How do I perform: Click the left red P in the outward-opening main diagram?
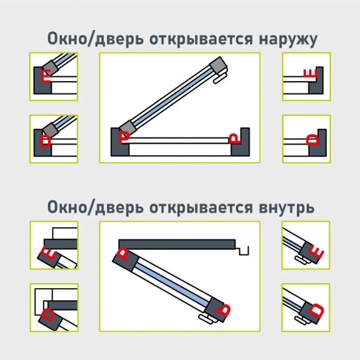click(124, 137)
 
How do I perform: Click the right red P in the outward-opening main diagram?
click(234, 137)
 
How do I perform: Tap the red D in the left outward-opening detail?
click(46, 140)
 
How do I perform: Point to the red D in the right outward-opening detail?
click(312, 140)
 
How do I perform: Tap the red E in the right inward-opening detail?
click(318, 253)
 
